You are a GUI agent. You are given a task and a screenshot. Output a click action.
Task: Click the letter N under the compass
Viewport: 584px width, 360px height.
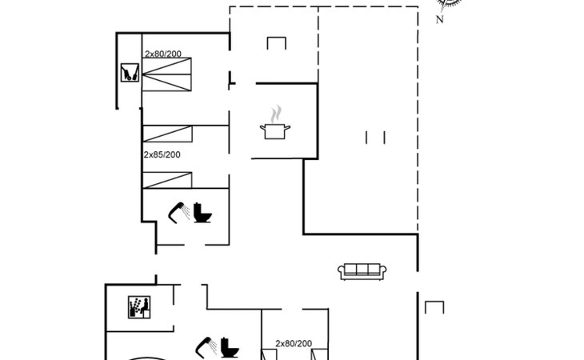coord(440,19)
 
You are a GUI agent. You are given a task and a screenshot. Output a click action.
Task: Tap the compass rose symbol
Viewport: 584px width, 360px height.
coord(449,5)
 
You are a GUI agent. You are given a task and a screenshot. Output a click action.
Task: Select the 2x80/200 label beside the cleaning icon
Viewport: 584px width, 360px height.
coord(162,54)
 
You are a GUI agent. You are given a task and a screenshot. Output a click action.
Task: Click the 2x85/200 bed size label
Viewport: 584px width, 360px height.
coord(162,154)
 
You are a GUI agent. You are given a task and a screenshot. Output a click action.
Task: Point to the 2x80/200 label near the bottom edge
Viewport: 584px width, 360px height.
coord(294,344)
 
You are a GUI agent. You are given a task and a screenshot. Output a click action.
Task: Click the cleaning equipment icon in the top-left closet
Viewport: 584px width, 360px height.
coord(130,73)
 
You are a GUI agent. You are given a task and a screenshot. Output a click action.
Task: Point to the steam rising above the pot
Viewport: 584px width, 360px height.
coord(276,114)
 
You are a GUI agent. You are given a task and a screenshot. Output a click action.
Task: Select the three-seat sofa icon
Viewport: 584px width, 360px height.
coord(362,271)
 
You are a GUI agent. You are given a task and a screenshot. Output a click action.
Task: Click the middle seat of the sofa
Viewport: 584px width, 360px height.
coord(362,270)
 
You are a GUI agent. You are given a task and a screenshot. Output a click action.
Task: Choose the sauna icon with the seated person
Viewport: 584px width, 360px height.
coord(139,307)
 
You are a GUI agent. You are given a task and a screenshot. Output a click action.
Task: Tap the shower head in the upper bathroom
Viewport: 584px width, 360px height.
coord(178,213)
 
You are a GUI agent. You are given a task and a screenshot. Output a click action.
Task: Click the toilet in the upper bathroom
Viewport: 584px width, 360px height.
coord(202,213)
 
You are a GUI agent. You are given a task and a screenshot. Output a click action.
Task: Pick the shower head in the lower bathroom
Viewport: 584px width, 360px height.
coord(206,348)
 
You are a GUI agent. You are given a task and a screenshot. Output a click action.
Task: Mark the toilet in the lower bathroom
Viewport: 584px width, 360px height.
coord(230,348)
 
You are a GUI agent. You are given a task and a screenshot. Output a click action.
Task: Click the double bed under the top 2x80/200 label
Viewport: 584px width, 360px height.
coord(166,74)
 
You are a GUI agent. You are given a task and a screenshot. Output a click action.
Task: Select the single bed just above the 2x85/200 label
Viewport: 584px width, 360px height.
coord(167,134)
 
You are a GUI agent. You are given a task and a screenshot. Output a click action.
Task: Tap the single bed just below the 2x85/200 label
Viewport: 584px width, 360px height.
coord(167,181)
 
